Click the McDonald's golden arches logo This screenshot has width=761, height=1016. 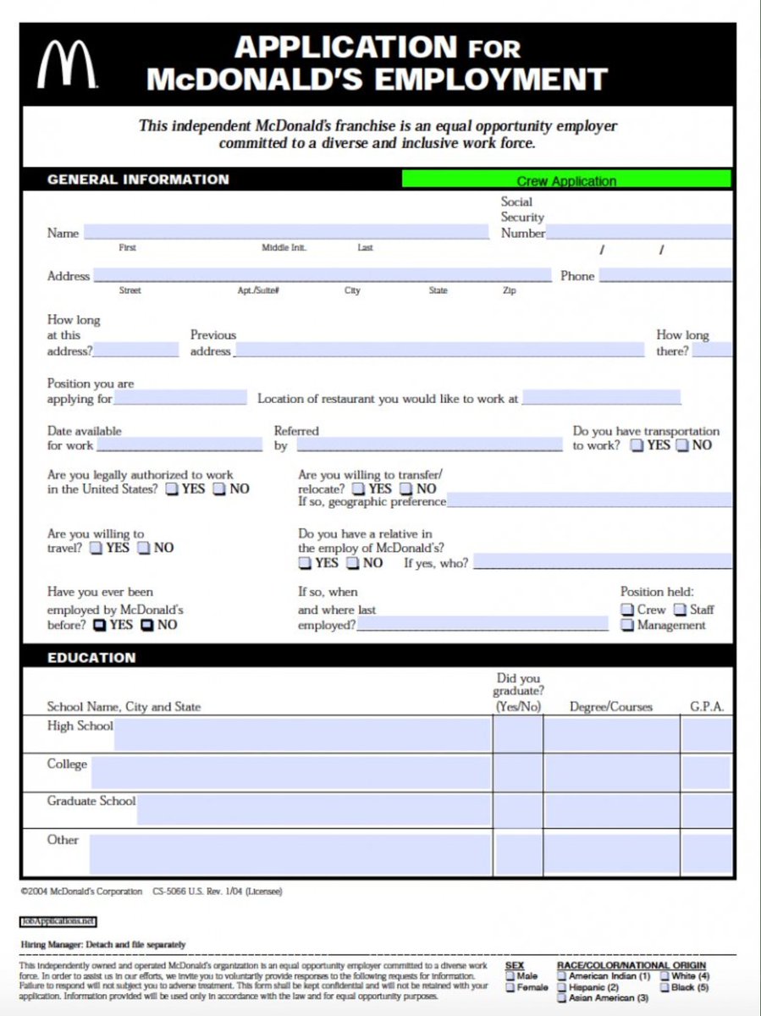[64, 65]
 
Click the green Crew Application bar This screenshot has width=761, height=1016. [565, 179]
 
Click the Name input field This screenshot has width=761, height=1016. [285, 233]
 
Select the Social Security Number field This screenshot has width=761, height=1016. [639, 232]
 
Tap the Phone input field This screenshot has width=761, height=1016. [665, 275]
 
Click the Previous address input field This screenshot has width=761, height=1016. [438, 350]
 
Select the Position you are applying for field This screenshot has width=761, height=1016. [180, 398]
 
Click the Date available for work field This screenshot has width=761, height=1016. [179, 444]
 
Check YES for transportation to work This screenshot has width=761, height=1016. [637, 445]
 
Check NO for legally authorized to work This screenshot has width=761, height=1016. [219, 489]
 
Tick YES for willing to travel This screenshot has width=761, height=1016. [97, 548]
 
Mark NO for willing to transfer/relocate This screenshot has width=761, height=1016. [405, 489]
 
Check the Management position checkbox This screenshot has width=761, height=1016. [626, 626]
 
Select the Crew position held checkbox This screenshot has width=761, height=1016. [626, 610]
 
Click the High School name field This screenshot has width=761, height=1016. [301, 734]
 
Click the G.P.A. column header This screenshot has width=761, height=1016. [707, 706]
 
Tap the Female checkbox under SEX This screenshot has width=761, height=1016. [510, 987]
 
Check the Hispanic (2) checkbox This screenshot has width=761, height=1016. [562, 987]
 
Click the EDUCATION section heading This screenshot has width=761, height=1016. [91, 657]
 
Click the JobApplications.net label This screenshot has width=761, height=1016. [58, 920]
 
